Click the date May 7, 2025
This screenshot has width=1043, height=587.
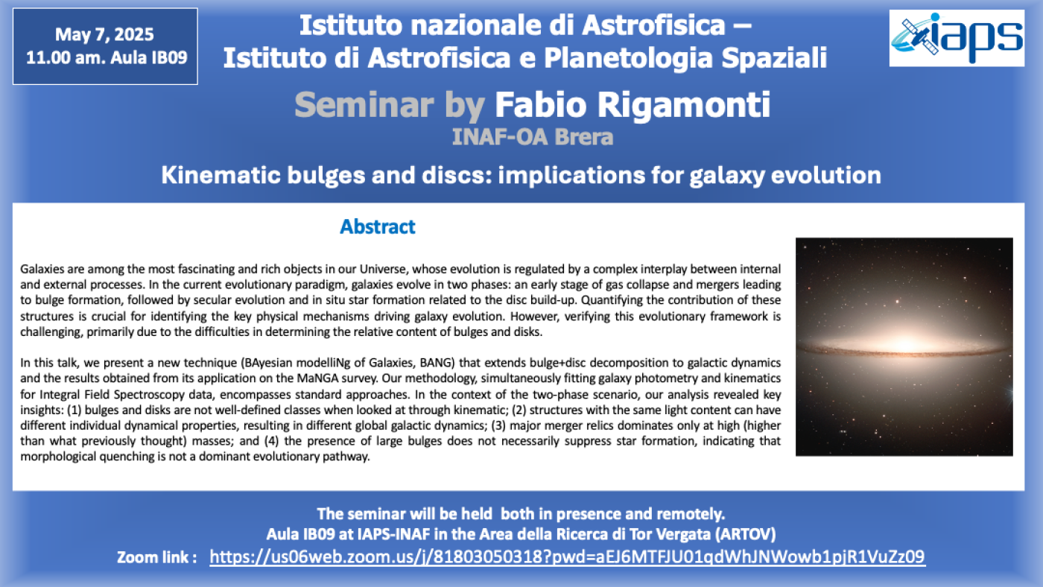pos(104,34)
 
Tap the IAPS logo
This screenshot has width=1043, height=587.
pos(957,38)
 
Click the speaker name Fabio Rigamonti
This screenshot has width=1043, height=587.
pos(633,105)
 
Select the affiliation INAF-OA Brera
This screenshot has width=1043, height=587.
pos(532,137)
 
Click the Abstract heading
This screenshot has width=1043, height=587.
pos(377,226)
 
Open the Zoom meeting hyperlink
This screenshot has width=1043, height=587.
pos(567,556)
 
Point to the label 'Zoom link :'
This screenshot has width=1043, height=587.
pos(157,557)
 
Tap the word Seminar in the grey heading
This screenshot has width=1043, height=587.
pos(364,105)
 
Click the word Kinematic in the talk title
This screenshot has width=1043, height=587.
pos(221,176)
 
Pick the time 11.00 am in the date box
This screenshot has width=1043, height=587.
pos(66,57)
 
